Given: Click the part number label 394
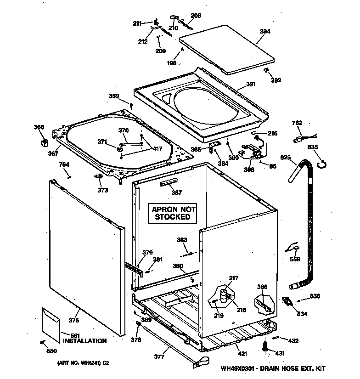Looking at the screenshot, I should [265, 32].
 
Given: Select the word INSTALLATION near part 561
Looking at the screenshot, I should [84, 341].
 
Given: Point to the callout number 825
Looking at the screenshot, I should [286, 158].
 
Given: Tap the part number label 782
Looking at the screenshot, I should [298, 123].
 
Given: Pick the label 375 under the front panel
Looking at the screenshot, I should [74, 321].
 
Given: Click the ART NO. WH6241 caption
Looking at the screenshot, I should [83, 363].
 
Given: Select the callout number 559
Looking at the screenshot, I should [295, 260].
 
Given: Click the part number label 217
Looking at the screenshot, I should [234, 277].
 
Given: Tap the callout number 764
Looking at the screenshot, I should [64, 164].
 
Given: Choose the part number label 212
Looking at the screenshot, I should [143, 42].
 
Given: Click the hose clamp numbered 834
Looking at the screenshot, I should [287, 302].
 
